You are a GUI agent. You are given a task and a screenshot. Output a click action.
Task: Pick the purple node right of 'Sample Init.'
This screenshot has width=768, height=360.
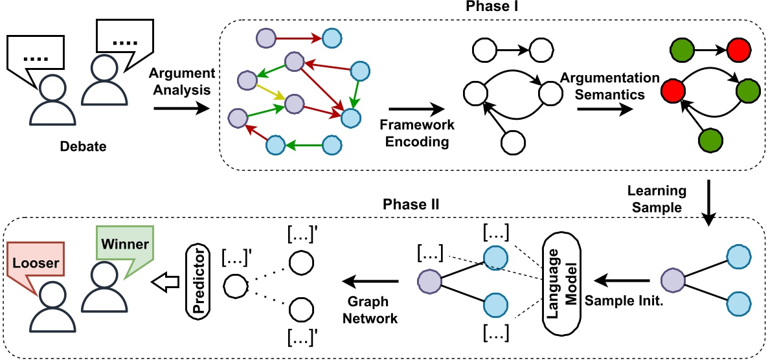[x=672, y=281]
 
